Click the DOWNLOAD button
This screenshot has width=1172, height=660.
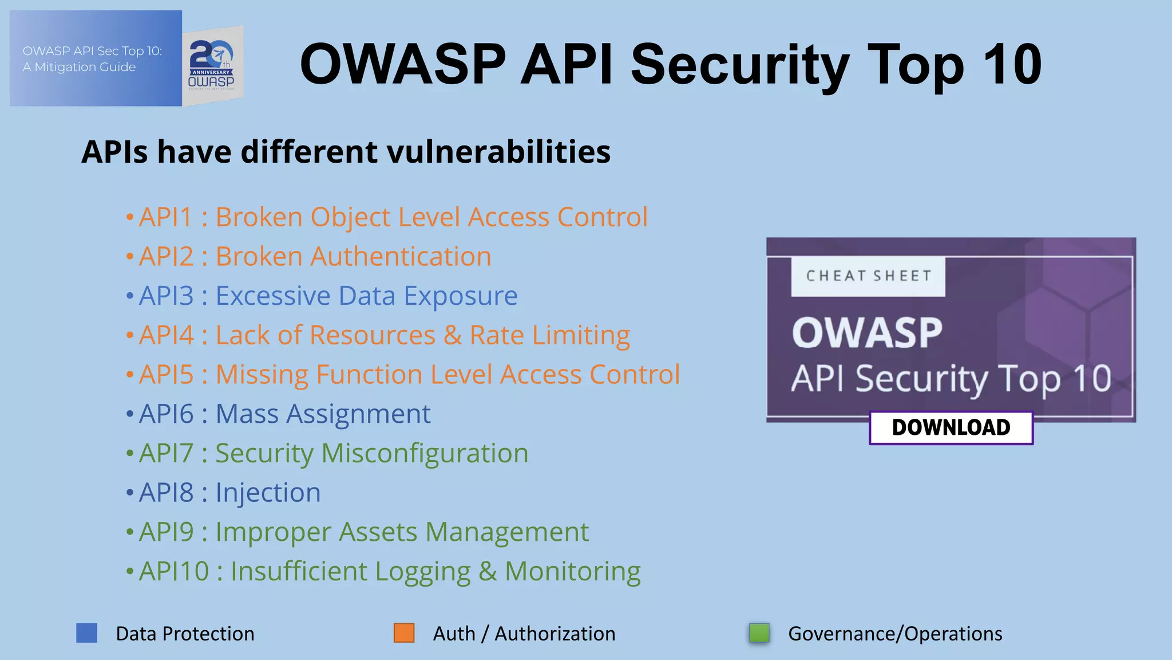coord(951,427)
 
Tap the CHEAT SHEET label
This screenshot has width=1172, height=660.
coord(868,276)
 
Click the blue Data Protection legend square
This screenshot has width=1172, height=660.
coord(86,633)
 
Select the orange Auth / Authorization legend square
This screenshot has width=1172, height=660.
coord(404,633)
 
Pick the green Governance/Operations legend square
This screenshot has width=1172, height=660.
coord(759,633)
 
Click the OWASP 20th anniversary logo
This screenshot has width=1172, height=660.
coord(212,65)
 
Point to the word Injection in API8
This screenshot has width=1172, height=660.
coord(268,493)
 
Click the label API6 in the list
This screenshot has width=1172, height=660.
coord(167,414)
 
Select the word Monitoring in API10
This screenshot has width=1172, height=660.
coord(572,571)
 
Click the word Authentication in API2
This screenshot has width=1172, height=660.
coord(401,257)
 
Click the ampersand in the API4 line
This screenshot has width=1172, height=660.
coord(452,335)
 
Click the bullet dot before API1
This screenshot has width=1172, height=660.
coord(130,218)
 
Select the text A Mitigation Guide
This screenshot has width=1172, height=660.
coord(79,67)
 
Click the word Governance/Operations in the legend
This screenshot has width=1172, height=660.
coord(895,634)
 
